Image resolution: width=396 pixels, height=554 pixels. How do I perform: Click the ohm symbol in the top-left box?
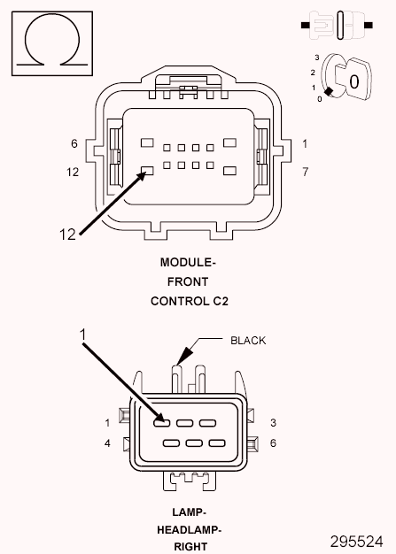(x=51, y=42)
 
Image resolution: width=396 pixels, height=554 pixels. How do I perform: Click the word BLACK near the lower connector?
(x=247, y=340)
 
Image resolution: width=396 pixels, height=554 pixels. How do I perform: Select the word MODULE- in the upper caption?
(x=188, y=263)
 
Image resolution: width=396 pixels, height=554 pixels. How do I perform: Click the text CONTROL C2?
(x=189, y=301)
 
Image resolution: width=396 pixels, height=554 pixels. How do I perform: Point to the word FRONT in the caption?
(x=189, y=281)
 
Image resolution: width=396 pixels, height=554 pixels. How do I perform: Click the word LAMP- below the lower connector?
(x=190, y=512)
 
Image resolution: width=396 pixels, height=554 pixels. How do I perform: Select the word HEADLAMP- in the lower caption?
(x=190, y=530)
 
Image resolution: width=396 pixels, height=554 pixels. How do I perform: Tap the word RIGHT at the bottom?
(x=190, y=547)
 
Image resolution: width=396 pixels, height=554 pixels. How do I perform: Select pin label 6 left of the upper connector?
(x=74, y=143)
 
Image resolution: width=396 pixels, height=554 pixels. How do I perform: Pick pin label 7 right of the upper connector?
(x=304, y=172)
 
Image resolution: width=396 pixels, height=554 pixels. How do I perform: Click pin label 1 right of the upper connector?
(x=304, y=143)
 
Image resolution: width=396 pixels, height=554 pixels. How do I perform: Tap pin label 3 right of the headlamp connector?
(x=274, y=422)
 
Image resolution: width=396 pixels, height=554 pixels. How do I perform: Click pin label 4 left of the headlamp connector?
(x=107, y=442)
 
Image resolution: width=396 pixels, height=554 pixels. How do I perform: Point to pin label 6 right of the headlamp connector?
(x=274, y=442)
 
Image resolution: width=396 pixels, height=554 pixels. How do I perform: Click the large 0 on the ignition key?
(x=353, y=81)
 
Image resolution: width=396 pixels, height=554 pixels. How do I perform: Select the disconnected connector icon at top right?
(x=340, y=26)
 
